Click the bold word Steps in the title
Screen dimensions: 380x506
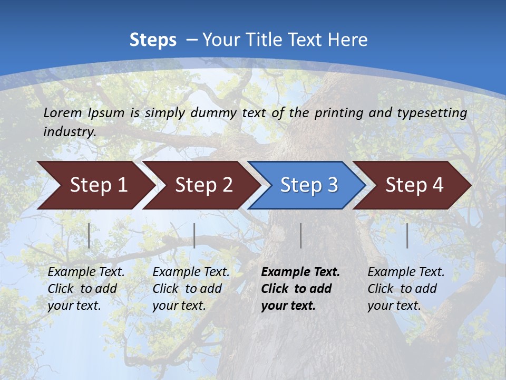click(153, 40)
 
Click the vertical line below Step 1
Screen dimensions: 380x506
click(89, 235)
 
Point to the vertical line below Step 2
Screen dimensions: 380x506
click(194, 235)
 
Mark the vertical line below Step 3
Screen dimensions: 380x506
click(300, 235)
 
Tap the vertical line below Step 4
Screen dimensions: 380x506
click(407, 235)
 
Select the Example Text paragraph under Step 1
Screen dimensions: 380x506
click(86, 289)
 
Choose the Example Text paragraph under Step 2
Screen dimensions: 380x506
click(191, 289)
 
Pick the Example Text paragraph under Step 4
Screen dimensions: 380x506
click(405, 289)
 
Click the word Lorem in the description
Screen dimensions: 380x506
click(63, 113)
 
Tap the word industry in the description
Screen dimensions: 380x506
click(70, 132)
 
